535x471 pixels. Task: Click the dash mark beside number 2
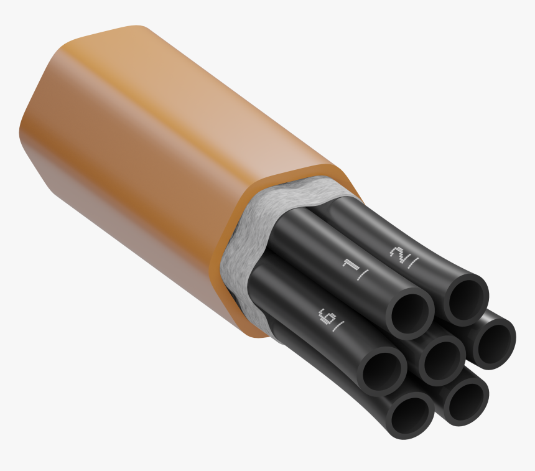tap(412, 263)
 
